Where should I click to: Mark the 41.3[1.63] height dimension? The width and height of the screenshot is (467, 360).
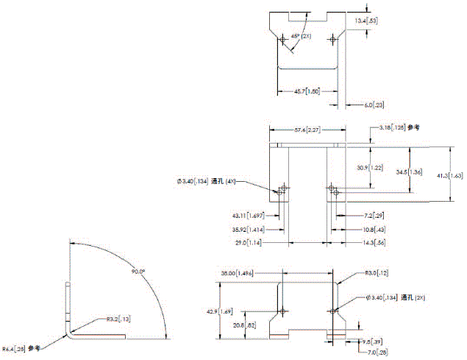[455, 177]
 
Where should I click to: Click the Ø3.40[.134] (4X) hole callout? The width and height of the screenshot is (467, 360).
[207, 181]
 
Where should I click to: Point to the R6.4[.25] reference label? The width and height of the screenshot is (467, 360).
[21, 348]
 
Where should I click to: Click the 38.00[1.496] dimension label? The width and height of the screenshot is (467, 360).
[237, 273]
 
